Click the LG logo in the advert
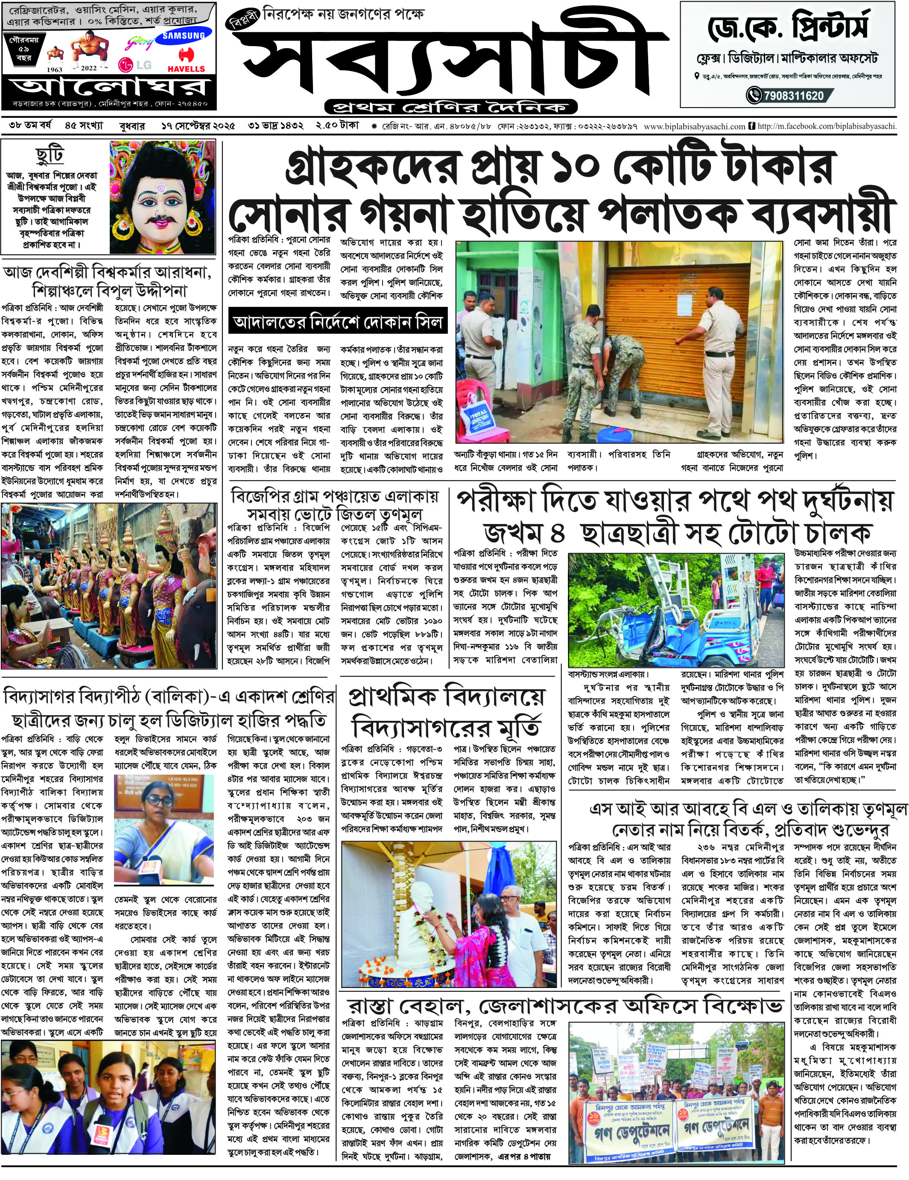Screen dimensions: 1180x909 (134, 65)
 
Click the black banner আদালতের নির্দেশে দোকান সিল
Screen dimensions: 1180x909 (337, 323)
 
